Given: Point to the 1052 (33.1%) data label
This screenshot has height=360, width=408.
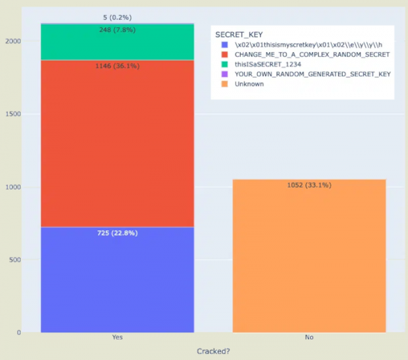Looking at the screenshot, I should click(x=309, y=185).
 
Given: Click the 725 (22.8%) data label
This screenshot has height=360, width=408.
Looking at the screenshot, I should click(x=117, y=233).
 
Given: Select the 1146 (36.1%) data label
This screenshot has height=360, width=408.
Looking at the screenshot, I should click(x=117, y=67).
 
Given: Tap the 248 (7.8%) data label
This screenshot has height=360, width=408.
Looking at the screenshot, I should click(x=117, y=30).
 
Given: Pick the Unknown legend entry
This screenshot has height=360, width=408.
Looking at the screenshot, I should click(x=250, y=84).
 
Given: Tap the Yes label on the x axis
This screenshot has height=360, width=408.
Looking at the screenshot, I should click(x=117, y=337).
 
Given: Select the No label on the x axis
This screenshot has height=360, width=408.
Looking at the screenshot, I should click(x=309, y=337).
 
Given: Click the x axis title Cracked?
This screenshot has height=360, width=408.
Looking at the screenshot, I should click(x=213, y=350).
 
